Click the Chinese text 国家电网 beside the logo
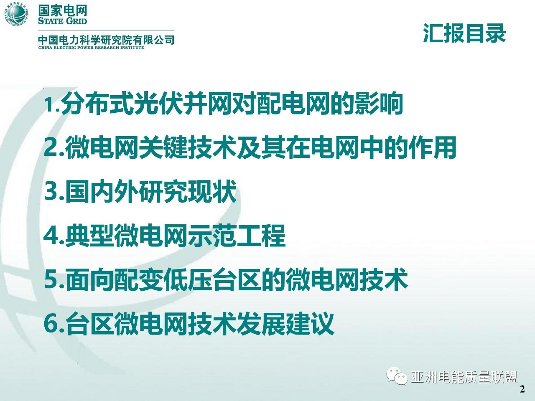(62, 10)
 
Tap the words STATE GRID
(62, 21)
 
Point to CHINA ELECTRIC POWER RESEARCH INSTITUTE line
(91, 48)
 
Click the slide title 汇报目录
(464, 33)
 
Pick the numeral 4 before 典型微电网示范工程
(51, 236)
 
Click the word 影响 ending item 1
(379, 103)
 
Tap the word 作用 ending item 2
(433, 147)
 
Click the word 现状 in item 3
(213, 191)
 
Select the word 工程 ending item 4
(261, 236)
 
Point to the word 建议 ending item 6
(310, 323)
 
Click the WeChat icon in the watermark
(397, 376)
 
